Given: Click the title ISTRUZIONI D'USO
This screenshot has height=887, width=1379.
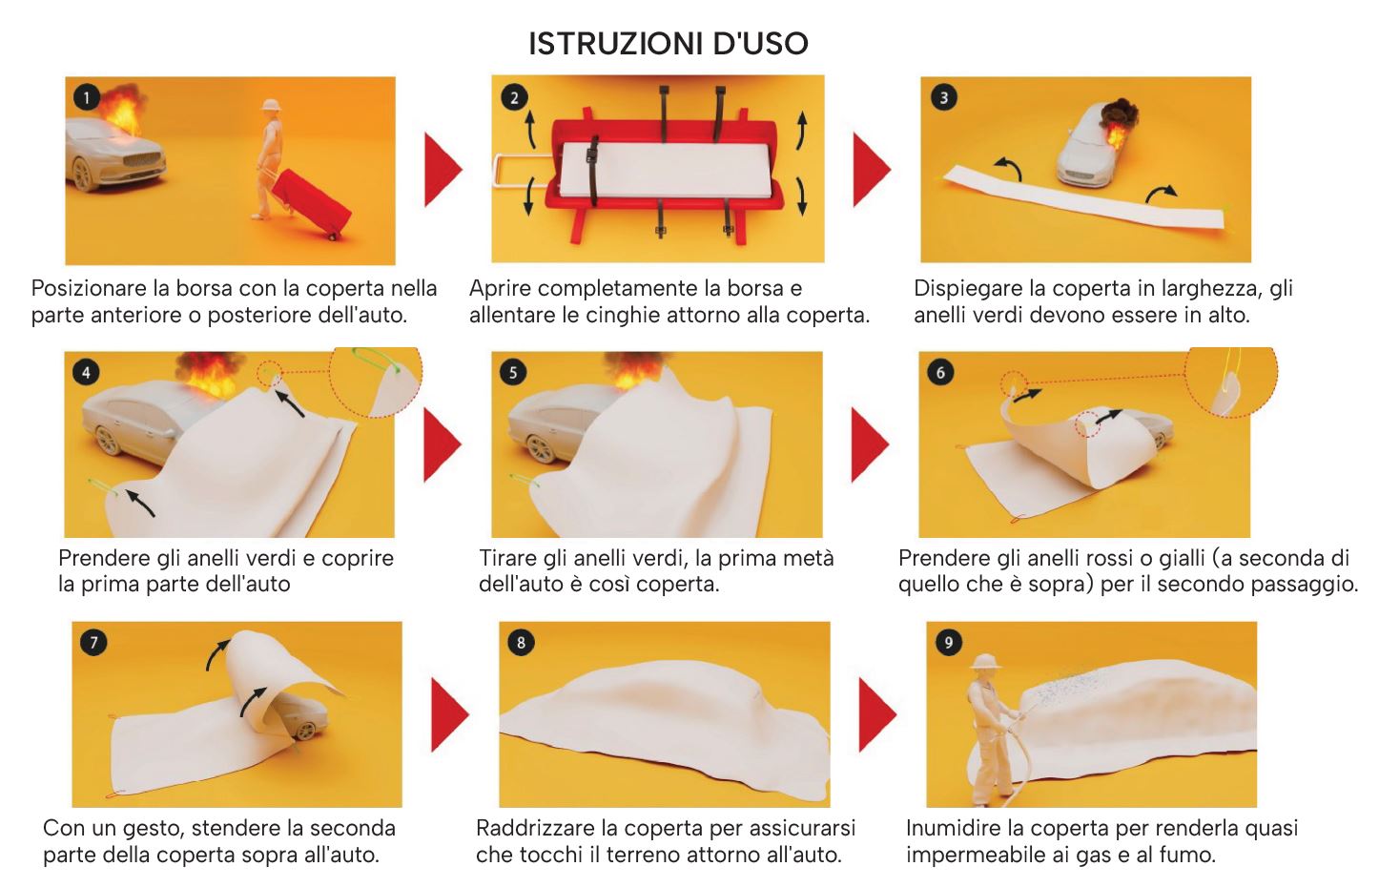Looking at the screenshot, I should pyautogui.click(x=668, y=43).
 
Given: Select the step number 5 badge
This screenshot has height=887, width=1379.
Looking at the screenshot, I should pyautogui.click(x=513, y=372).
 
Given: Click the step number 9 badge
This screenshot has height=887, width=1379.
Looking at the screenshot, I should pyautogui.click(x=948, y=642).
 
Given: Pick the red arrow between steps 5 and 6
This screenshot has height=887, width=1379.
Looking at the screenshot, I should pyautogui.click(x=869, y=443).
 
